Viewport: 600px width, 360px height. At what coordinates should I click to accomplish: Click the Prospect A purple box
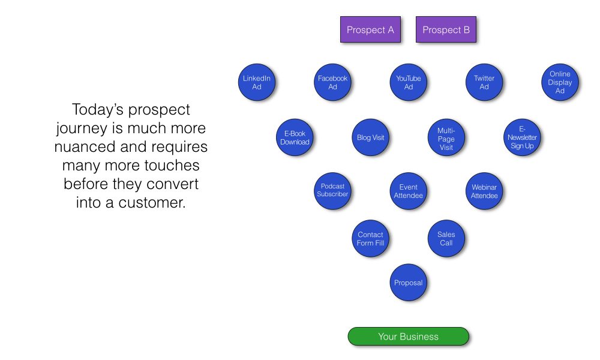[370, 29]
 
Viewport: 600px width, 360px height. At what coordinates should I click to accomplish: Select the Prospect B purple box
[446, 29]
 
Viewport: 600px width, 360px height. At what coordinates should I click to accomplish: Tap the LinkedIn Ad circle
[257, 82]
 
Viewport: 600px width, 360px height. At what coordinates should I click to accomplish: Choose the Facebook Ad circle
[332, 82]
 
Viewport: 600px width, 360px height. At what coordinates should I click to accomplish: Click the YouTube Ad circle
[408, 82]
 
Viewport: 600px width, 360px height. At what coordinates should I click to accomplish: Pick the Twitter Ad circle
[484, 82]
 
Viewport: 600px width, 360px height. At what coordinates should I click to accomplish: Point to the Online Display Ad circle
[560, 82]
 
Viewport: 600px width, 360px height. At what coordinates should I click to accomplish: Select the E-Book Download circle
[295, 137]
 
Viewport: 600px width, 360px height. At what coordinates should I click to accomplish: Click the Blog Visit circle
[370, 137]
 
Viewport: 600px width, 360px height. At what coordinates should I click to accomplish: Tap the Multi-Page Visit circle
[446, 137]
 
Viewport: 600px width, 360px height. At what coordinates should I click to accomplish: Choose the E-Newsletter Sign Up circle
[522, 137]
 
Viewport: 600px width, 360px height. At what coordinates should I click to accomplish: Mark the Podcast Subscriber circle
[332, 191]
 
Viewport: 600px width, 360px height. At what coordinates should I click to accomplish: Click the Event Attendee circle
[408, 191]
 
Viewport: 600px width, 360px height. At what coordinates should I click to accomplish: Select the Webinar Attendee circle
[484, 191]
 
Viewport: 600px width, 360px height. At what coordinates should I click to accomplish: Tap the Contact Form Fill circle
[370, 238]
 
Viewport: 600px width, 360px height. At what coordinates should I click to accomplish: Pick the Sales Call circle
[446, 238]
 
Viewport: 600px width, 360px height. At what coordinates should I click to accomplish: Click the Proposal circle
[408, 283]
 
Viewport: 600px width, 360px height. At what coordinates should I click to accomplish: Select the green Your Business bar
[408, 336]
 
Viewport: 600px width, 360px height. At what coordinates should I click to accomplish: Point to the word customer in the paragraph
[152, 203]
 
